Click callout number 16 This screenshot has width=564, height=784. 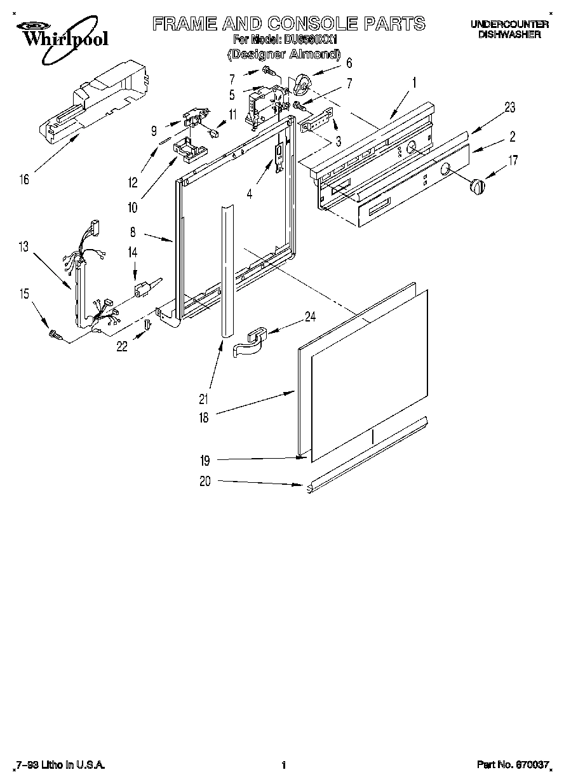[23, 180]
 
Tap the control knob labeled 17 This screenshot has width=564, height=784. [476, 187]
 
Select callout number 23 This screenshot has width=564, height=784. [510, 107]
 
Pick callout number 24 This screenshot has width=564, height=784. [310, 316]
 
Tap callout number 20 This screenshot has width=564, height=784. [204, 481]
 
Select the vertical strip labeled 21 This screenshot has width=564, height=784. [226, 267]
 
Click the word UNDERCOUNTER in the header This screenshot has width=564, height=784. [509, 24]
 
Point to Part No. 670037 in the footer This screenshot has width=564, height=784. [513, 766]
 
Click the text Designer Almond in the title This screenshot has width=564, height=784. [284, 55]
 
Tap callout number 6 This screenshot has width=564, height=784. [349, 63]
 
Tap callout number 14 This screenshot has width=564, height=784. [133, 252]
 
